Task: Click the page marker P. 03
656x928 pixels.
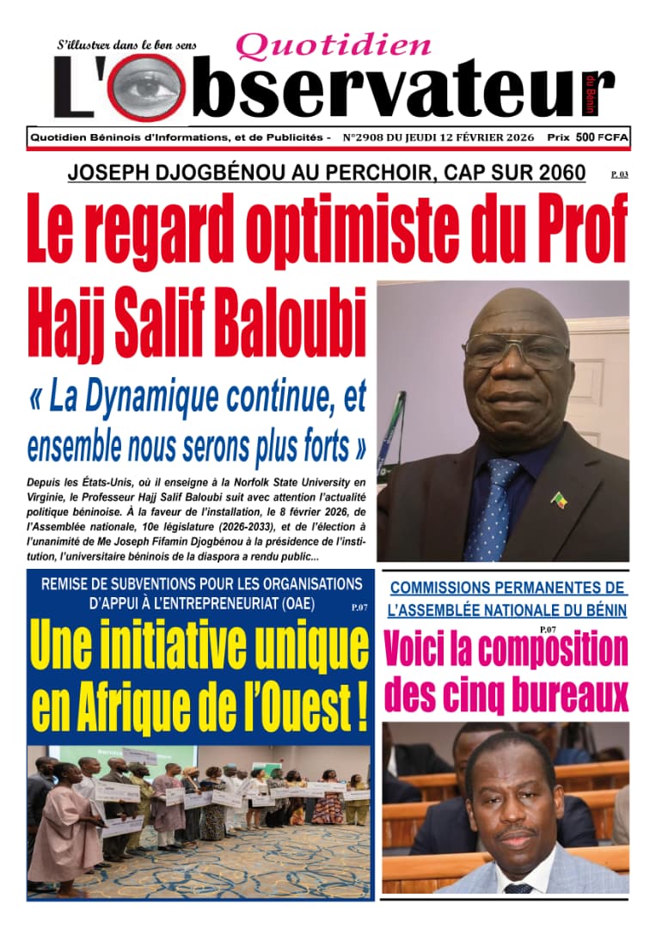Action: point(620,174)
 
